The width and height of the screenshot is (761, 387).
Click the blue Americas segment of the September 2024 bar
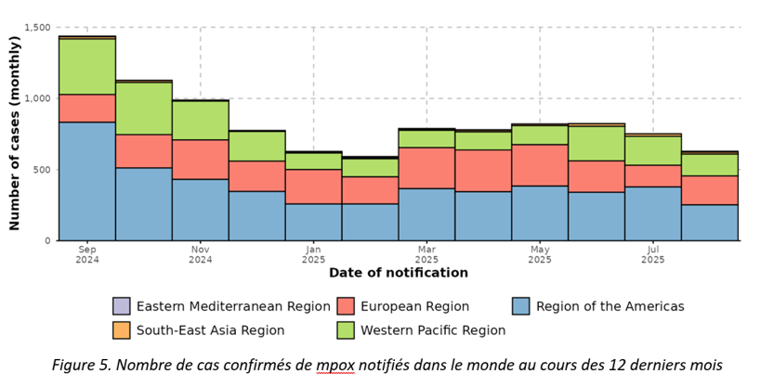pos(86,181)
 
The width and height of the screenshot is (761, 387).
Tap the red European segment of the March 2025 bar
pos(426,168)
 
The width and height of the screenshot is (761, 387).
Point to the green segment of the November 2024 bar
pos(200,120)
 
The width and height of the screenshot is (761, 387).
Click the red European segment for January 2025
pos(313,187)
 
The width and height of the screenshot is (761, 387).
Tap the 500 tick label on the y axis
pos(43,171)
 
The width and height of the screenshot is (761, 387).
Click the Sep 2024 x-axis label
pos(86,254)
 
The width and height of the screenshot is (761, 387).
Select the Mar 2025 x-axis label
pos(426,254)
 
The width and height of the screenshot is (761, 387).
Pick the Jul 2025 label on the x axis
pos(652,254)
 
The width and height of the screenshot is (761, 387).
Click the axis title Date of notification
pos(398,274)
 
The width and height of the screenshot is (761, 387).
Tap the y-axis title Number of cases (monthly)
pos(14,134)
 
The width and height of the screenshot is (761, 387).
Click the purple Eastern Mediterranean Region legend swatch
pos(121,306)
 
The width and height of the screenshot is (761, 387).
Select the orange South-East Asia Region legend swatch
pos(121,329)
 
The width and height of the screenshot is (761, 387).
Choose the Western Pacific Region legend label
pos(432,329)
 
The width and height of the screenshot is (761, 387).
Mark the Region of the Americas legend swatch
pos(520,306)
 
